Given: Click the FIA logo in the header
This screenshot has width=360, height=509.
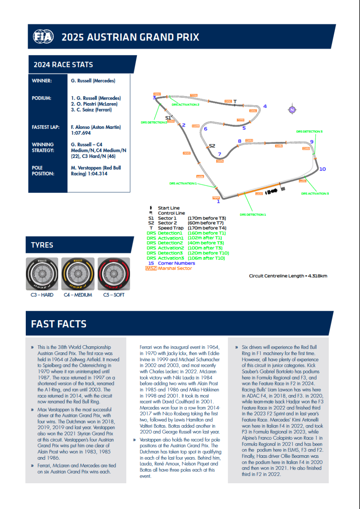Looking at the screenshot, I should (43, 37).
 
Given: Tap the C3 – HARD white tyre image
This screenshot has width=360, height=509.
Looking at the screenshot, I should (42, 274).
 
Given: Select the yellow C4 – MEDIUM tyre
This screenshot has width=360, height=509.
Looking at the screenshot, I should (78, 274).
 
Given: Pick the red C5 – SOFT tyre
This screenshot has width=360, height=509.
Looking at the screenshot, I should (114, 274).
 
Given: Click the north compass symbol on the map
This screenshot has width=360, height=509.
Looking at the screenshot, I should (292, 110).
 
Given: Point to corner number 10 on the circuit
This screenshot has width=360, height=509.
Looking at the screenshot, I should (322, 169).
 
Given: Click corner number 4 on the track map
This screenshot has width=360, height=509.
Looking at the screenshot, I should (265, 106).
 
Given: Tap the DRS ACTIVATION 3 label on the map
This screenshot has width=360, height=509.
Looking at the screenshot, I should (315, 194).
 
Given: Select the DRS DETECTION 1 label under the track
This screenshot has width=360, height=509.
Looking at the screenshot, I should (253, 215).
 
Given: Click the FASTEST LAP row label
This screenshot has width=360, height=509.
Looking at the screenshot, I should (45, 127).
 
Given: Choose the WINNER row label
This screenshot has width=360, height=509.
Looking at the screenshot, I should (42, 81).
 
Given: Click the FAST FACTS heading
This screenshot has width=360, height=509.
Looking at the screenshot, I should (59, 324).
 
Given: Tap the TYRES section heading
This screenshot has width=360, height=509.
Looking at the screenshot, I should (42, 245).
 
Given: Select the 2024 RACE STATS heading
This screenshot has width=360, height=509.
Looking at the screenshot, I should (63, 65).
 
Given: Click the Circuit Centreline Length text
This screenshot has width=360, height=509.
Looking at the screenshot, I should (288, 276).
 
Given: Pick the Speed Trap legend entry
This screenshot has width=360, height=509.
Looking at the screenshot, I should (171, 228).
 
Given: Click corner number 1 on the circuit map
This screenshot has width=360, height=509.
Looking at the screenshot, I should (218, 202).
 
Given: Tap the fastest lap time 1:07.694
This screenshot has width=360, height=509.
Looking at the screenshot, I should (81, 133).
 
